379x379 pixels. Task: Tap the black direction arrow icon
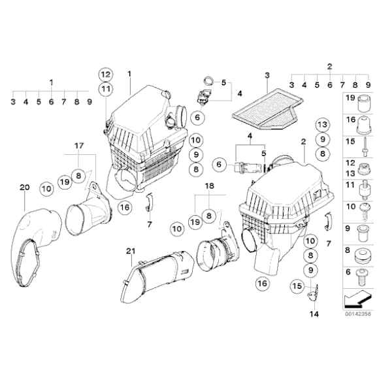pyautogui.click(x=356, y=298)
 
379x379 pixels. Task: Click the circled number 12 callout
pyautogui.click(x=106, y=73)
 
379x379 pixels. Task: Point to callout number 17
pyautogui.click(x=78, y=146)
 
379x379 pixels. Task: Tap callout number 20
pyautogui.click(x=25, y=188)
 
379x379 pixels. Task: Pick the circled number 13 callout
pyautogui.click(x=322, y=125)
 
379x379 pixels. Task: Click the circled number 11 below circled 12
pyautogui.click(x=106, y=88)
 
